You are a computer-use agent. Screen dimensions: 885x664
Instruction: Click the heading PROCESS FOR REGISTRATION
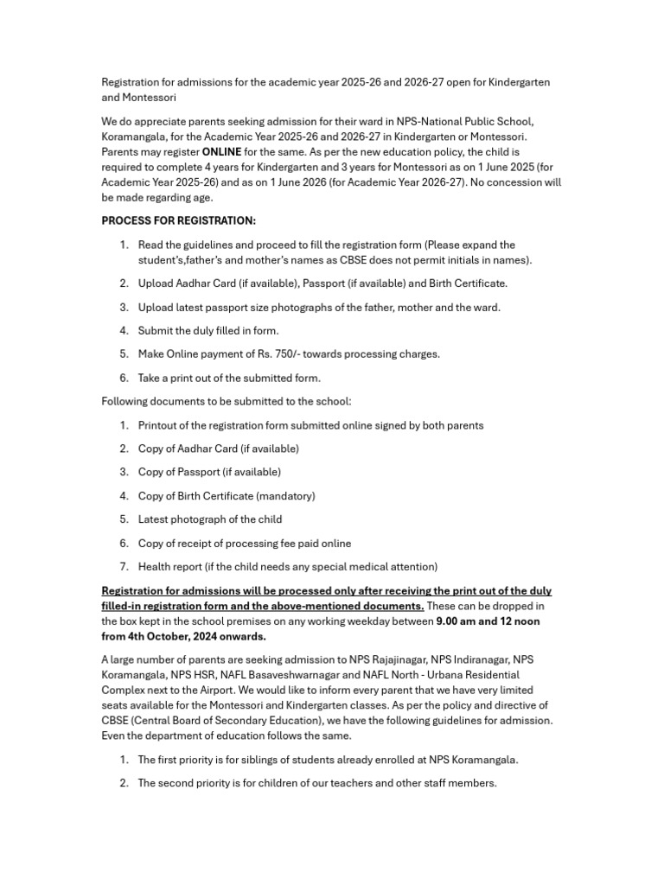coord(179,221)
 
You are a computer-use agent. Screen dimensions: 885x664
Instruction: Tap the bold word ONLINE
coord(221,152)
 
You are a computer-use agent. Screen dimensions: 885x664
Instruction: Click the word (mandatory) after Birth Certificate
coord(285,496)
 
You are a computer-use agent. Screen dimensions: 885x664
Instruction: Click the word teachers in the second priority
coord(342,783)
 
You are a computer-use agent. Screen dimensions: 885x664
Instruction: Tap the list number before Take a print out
coord(124,378)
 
